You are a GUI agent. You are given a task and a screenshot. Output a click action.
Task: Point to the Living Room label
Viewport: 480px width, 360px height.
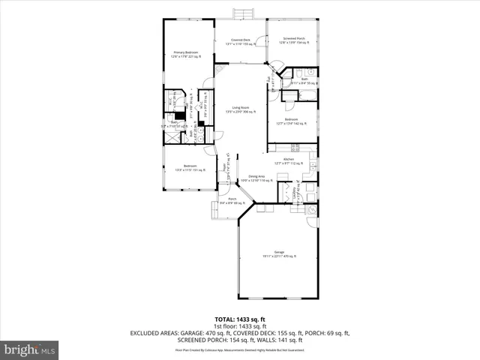tap(239, 110)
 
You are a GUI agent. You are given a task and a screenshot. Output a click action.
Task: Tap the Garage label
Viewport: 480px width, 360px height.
tap(279, 253)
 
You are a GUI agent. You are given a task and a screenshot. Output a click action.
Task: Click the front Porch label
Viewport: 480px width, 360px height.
tap(232, 201)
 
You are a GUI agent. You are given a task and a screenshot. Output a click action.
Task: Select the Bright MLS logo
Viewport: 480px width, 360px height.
tap(30, 349)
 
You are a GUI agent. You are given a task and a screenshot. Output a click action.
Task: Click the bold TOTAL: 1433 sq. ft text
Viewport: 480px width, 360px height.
tap(241, 319)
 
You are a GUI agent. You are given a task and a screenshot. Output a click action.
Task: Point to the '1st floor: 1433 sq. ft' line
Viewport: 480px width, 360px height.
tap(241, 326)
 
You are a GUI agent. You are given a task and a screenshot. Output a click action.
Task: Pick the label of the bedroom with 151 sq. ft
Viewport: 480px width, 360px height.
tap(190, 167)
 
